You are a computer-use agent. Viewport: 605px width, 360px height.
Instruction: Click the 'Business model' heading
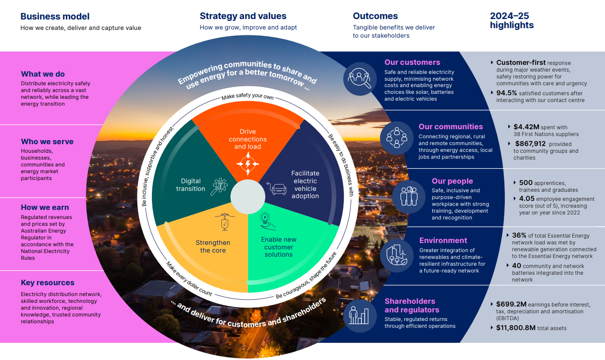click(x=55, y=17)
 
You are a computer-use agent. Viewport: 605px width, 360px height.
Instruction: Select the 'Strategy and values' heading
click(x=243, y=16)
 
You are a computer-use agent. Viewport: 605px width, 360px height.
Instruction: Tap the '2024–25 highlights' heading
click(x=512, y=21)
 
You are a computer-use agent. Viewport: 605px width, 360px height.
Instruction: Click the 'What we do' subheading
click(x=43, y=74)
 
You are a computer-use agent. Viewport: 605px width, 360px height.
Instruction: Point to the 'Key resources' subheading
click(x=48, y=283)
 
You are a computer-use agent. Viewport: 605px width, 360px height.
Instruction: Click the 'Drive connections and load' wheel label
click(x=248, y=139)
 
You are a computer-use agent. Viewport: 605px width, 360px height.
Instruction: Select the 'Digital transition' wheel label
click(x=190, y=185)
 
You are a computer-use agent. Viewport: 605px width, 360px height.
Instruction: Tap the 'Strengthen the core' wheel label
click(x=213, y=246)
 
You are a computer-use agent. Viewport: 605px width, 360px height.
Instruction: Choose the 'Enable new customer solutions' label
click(x=278, y=247)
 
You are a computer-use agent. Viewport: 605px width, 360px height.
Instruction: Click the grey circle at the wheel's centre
click(x=248, y=197)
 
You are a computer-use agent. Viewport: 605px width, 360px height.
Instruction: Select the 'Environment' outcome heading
click(x=443, y=241)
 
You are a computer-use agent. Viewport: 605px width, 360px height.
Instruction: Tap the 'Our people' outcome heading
click(x=452, y=181)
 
